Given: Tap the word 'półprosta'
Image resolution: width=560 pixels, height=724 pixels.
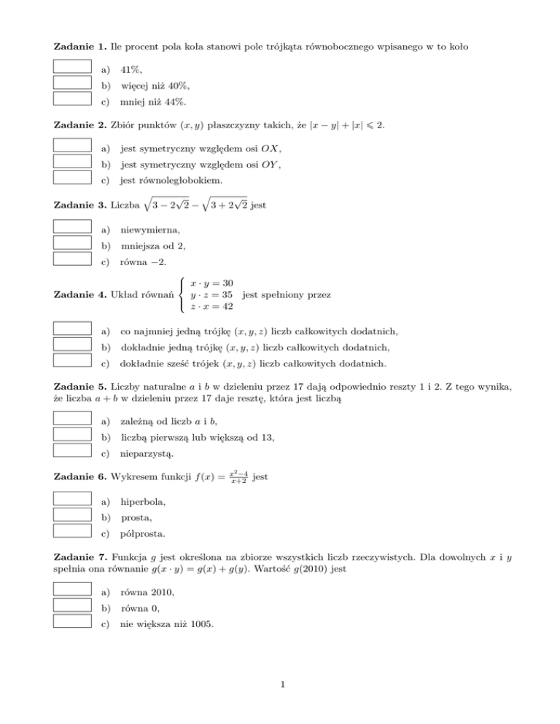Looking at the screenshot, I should point(143,534).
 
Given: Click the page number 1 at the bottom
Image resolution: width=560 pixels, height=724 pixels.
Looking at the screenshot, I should point(280,704).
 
